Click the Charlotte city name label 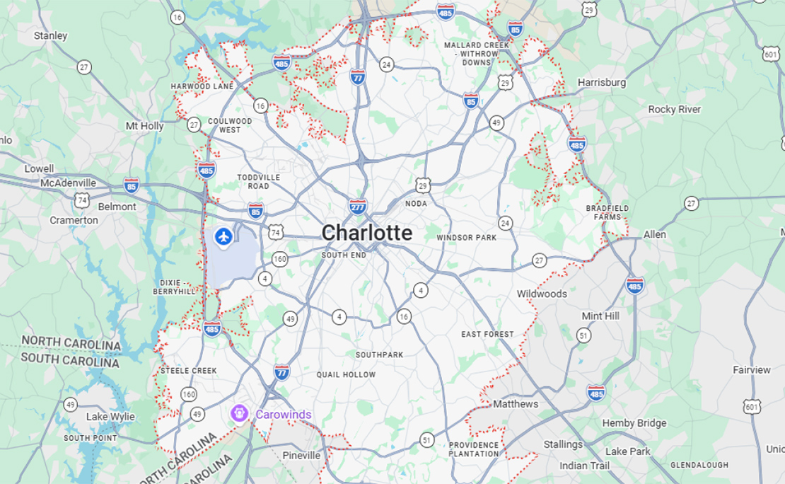pyautogui.click(x=366, y=233)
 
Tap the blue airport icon pyautogui.click(x=224, y=236)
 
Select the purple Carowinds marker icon pyautogui.click(x=240, y=413)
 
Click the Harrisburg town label pyautogui.click(x=602, y=82)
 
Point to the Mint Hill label pyautogui.click(x=600, y=316)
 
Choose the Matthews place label pyautogui.click(x=516, y=404)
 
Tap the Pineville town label pyautogui.click(x=301, y=455)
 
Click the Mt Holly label pyautogui.click(x=144, y=126)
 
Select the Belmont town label pyautogui.click(x=117, y=207)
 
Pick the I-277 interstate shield pyautogui.click(x=358, y=207)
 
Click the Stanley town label pyautogui.click(x=51, y=35)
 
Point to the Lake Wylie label pyautogui.click(x=110, y=417)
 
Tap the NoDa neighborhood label pyautogui.click(x=416, y=204)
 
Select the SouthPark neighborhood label pyautogui.click(x=379, y=355)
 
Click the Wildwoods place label pyautogui.click(x=542, y=294)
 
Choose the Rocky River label pyautogui.click(x=675, y=110)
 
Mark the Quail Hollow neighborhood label pyautogui.click(x=346, y=374)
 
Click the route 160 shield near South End pyautogui.click(x=280, y=259)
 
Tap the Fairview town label pyautogui.click(x=752, y=370)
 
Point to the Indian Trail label pyautogui.click(x=584, y=466)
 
